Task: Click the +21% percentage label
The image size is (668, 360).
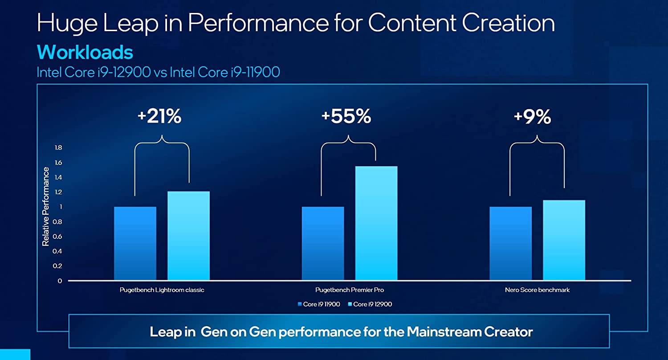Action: pos(159,117)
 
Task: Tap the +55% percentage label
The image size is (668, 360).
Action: pos(346,117)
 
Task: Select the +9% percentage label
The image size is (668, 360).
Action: pos(532,117)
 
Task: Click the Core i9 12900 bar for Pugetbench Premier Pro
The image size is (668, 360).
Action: pos(376,223)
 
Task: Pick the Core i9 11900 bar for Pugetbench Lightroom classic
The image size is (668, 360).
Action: pos(135,243)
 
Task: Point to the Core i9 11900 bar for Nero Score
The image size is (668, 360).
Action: pos(510,243)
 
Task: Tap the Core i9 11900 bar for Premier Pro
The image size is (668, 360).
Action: pos(323,243)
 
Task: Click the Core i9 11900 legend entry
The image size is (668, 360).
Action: pos(319,304)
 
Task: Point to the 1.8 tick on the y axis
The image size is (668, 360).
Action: pos(58,148)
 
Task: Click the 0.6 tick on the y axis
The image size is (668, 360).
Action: pos(58,237)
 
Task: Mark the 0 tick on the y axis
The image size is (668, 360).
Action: pos(60,281)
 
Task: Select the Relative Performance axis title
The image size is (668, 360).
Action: pos(45,207)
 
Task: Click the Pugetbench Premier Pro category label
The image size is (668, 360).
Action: pos(350,290)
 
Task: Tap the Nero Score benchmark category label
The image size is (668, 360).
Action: pos(537,290)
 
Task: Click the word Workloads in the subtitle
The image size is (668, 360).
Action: pos(85,53)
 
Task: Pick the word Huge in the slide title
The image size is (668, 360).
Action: pos(68,23)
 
